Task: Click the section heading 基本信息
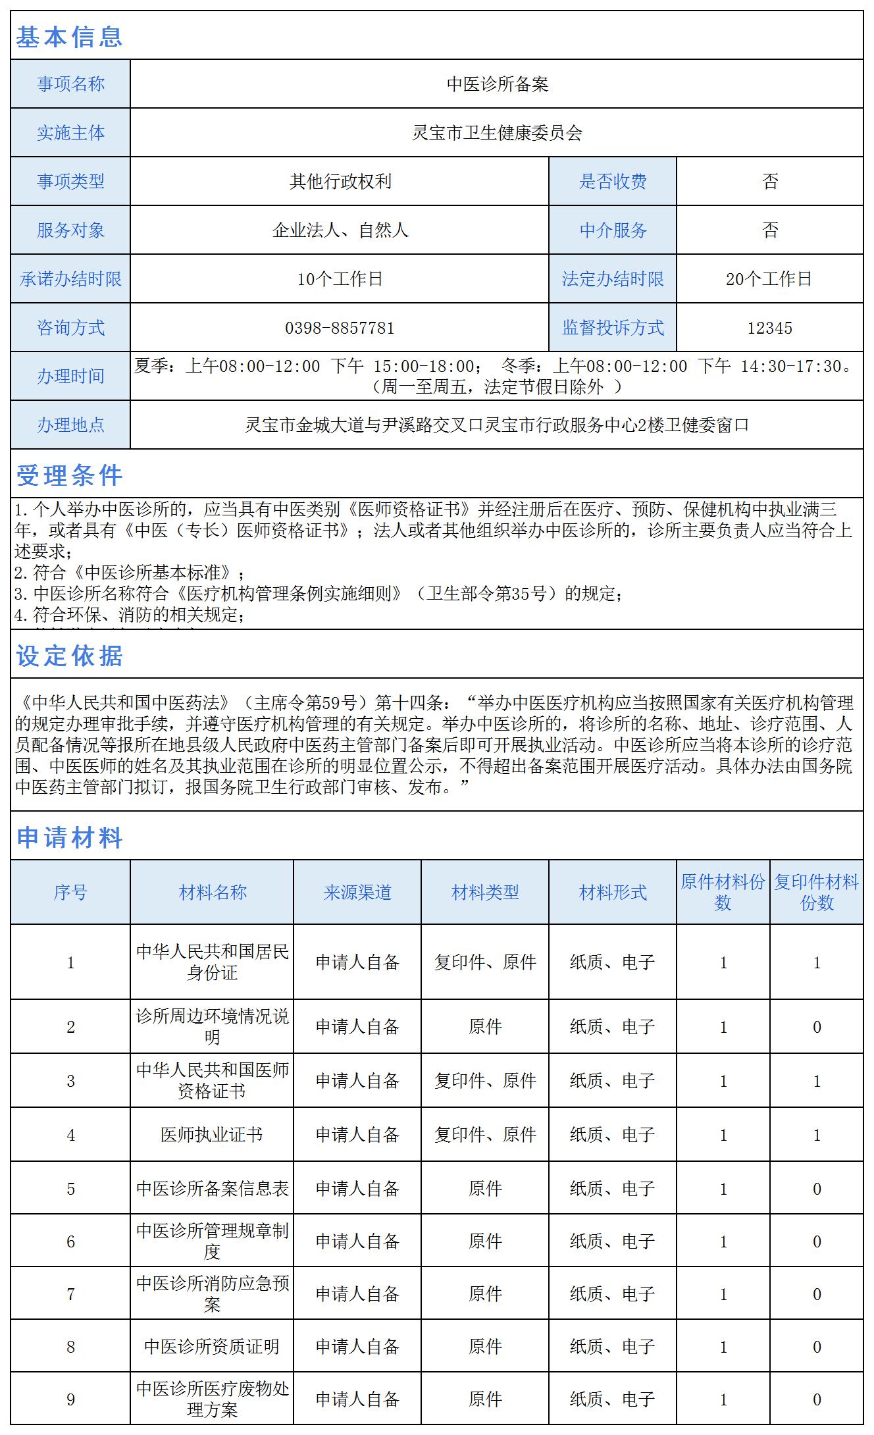point(69,36)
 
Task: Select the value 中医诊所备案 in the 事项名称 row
point(497,84)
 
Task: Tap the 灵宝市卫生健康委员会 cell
point(497,133)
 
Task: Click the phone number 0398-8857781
point(340,328)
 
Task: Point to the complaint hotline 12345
point(769,328)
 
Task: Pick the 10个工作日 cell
point(340,279)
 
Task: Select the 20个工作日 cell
point(769,279)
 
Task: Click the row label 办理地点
point(70,425)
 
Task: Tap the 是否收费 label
point(613,182)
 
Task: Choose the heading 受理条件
point(69,475)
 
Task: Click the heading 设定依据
point(69,656)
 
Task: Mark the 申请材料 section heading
point(69,837)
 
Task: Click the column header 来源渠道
point(357,893)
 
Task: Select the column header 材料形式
point(613,893)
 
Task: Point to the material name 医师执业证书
point(212,1135)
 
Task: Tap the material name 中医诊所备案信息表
point(212,1189)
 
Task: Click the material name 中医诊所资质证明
point(212,1347)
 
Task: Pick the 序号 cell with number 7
point(70,1294)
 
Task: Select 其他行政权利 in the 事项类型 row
point(340,182)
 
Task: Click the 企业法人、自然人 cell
point(340,230)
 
